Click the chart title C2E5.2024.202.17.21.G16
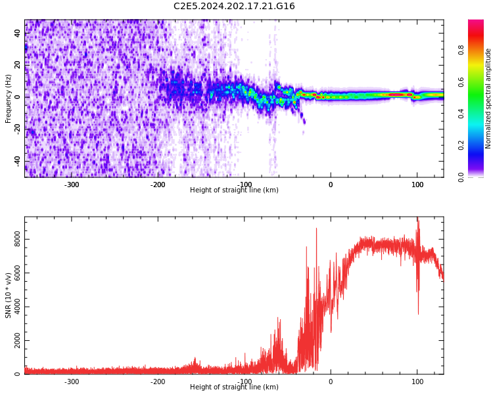(234, 7)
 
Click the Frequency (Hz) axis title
(9, 98)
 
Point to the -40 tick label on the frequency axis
(18, 160)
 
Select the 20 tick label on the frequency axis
(18, 64)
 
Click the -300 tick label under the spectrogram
(72, 185)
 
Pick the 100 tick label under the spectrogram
(417, 185)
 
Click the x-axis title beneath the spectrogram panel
(234, 190)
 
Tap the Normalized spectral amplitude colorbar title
(488, 98)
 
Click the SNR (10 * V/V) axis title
(9, 295)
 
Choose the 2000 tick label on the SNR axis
(18, 341)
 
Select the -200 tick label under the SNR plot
(158, 382)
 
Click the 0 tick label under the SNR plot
(331, 382)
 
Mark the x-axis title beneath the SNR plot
(234, 387)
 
